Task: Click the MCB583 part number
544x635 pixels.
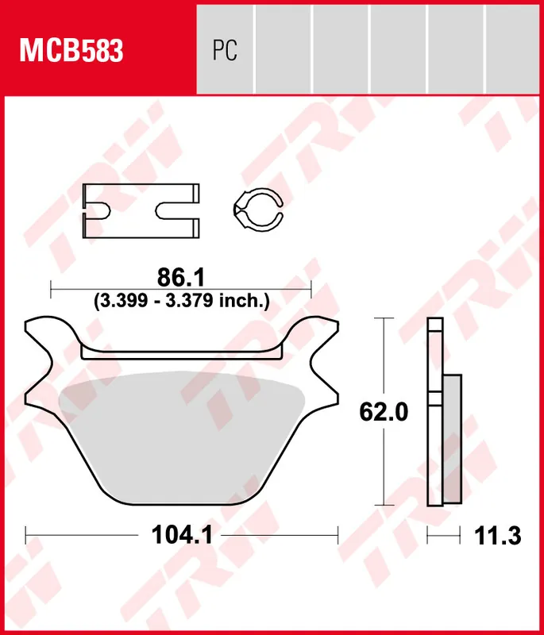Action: (x=71, y=52)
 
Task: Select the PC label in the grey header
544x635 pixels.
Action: (x=225, y=52)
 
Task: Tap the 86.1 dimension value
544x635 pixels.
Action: (x=181, y=277)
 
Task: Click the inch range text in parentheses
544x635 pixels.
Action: (x=182, y=302)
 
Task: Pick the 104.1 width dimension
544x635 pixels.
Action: (x=181, y=536)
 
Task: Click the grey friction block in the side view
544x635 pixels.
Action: (x=450, y=437)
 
